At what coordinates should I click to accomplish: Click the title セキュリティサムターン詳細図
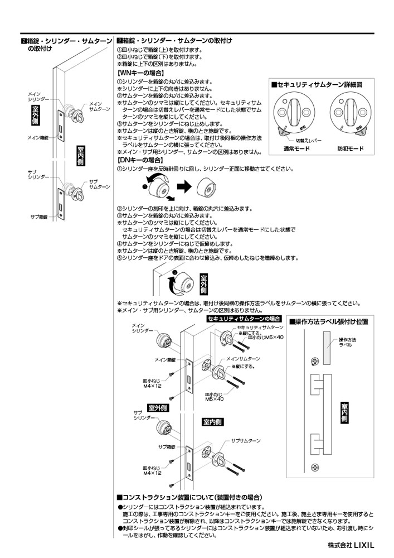click(x=317, y=85)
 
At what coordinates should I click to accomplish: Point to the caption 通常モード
click(x=296, y=149)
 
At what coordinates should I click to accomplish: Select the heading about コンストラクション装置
click(x=189, y=497)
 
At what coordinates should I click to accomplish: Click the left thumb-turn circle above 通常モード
click(x=296, y=114)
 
